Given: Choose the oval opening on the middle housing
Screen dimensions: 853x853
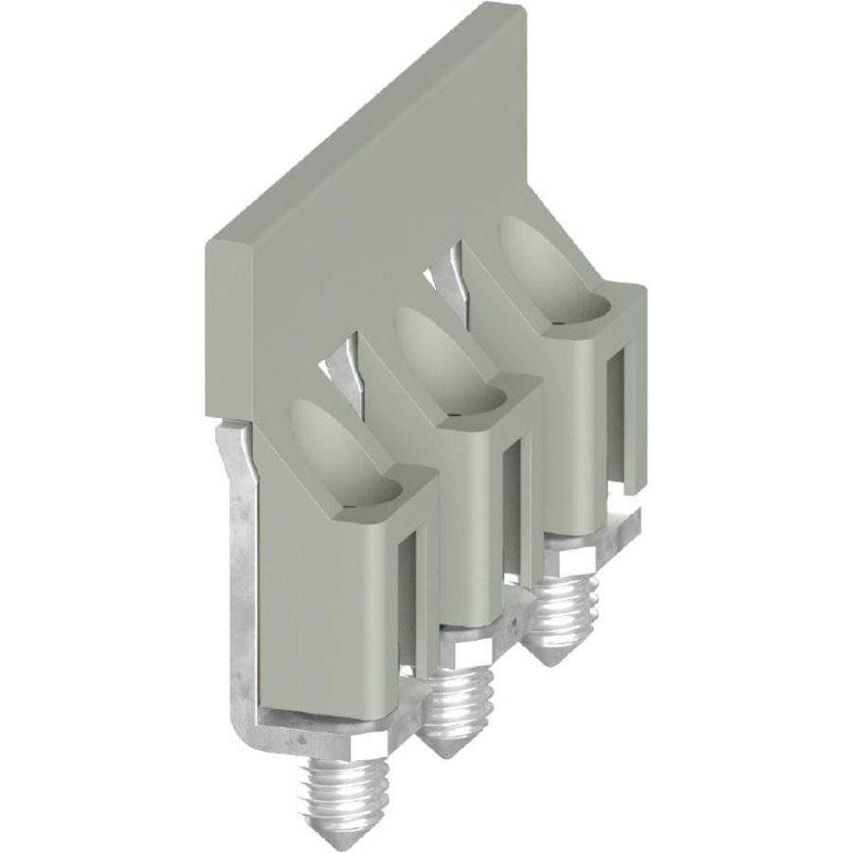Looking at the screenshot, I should pos(437,365).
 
